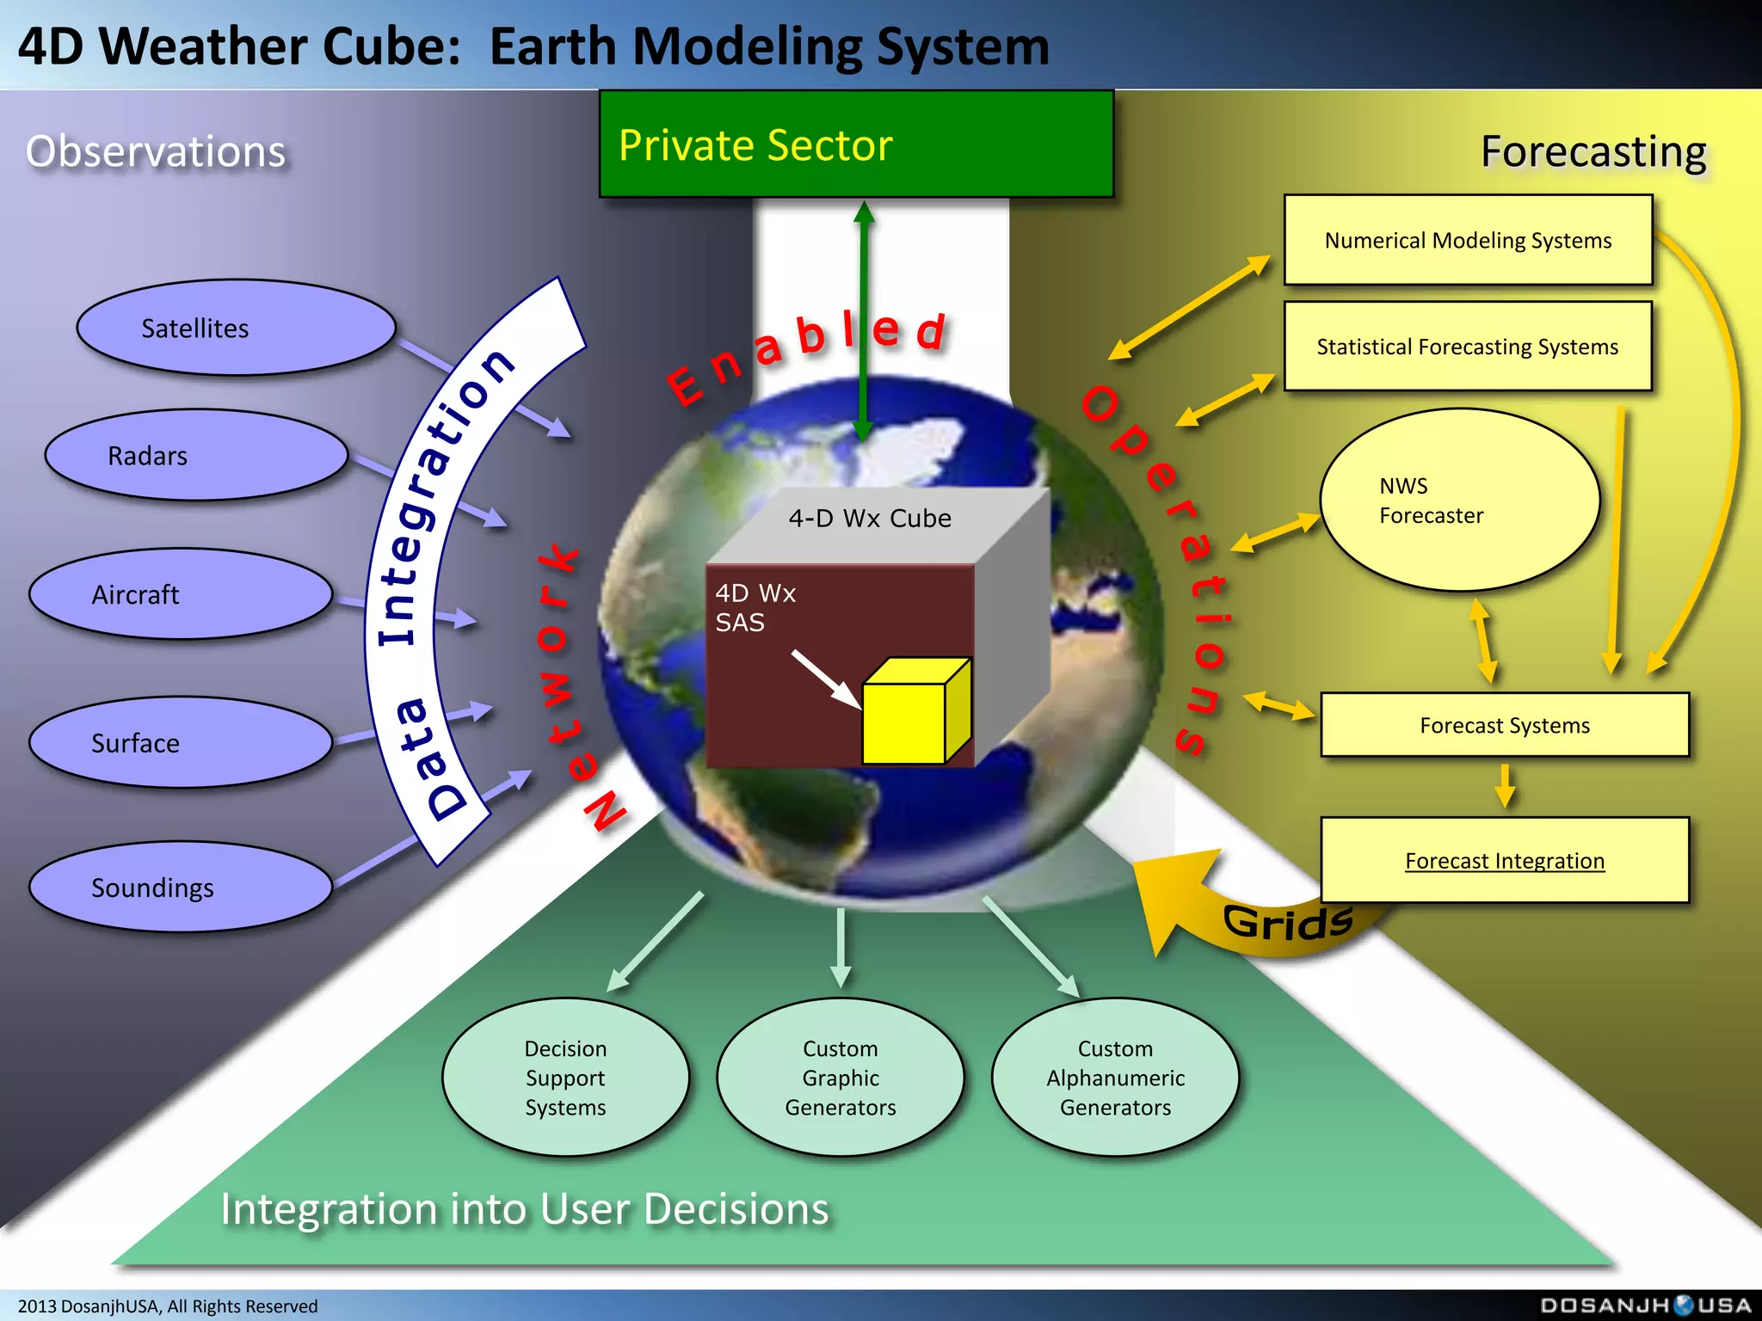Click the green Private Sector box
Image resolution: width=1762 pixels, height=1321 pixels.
tap(856, 144)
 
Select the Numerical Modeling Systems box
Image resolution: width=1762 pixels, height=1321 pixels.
tap(1468, 240)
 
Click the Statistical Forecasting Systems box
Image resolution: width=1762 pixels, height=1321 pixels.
tap(1468, 347)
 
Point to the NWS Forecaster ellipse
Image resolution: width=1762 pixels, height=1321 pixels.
tap(1459, 500)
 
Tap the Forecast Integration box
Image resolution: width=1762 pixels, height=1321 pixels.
tap(1505, 860)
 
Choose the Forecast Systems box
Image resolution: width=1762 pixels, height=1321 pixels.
tap(1505, 725)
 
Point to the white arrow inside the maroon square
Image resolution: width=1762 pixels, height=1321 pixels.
tap(826, 679)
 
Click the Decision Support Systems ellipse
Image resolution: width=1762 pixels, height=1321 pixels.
tap(565, 1078)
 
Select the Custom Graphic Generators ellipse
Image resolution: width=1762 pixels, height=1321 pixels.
tap(841, 1078)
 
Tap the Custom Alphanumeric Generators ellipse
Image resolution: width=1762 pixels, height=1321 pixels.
tap(1115, 1078)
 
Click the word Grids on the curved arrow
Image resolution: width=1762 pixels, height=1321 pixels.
tap(1288, 923)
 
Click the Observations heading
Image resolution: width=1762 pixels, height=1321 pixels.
tap(156, 151)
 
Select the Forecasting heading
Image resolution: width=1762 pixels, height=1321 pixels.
tap(1593, 152)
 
